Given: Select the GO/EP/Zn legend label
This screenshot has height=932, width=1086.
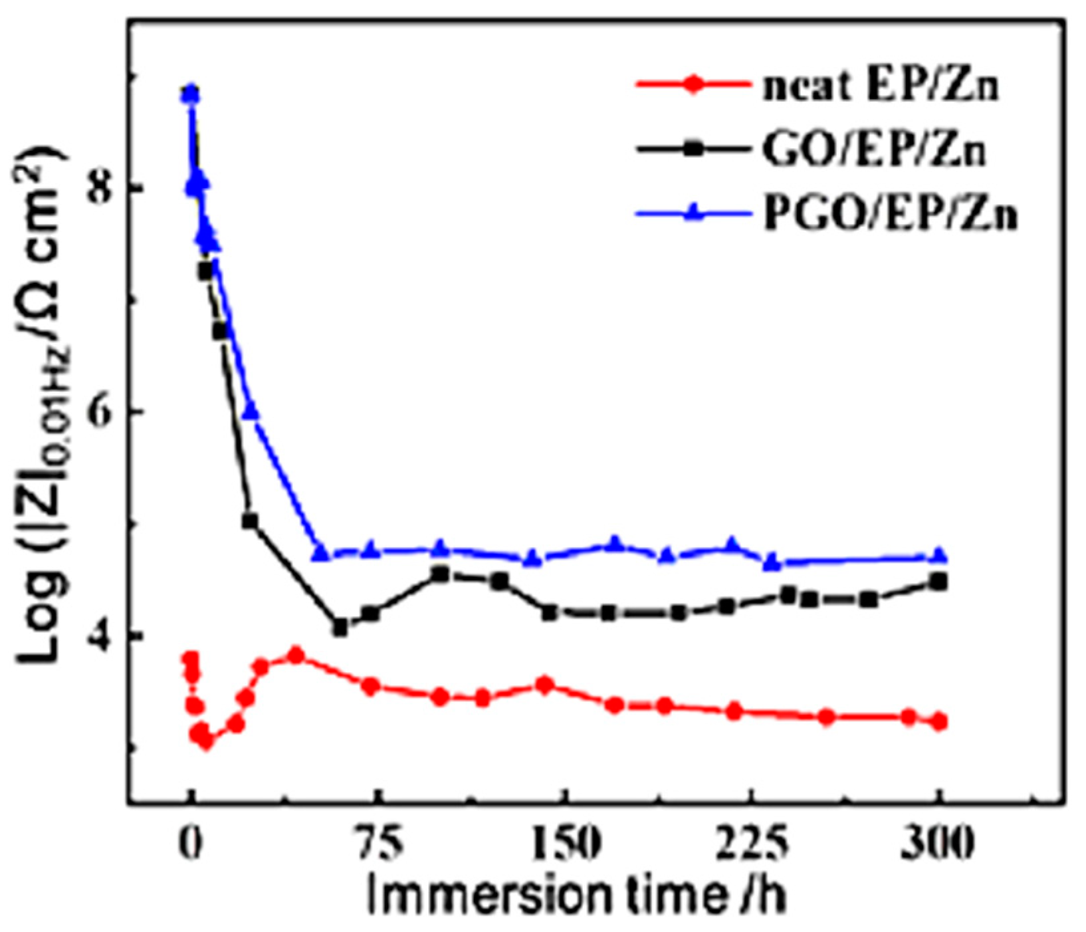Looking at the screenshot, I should [873, 152].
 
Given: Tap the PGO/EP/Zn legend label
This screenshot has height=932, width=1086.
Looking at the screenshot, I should [889, 215].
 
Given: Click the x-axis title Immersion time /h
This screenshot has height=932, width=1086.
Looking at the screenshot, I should [576, 895].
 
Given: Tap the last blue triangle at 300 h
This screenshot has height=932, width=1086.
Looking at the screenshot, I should [938, 555].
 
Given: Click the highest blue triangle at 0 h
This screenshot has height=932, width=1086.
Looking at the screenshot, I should [191, 93].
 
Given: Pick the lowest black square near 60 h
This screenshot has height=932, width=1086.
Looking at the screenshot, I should [340, 628].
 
